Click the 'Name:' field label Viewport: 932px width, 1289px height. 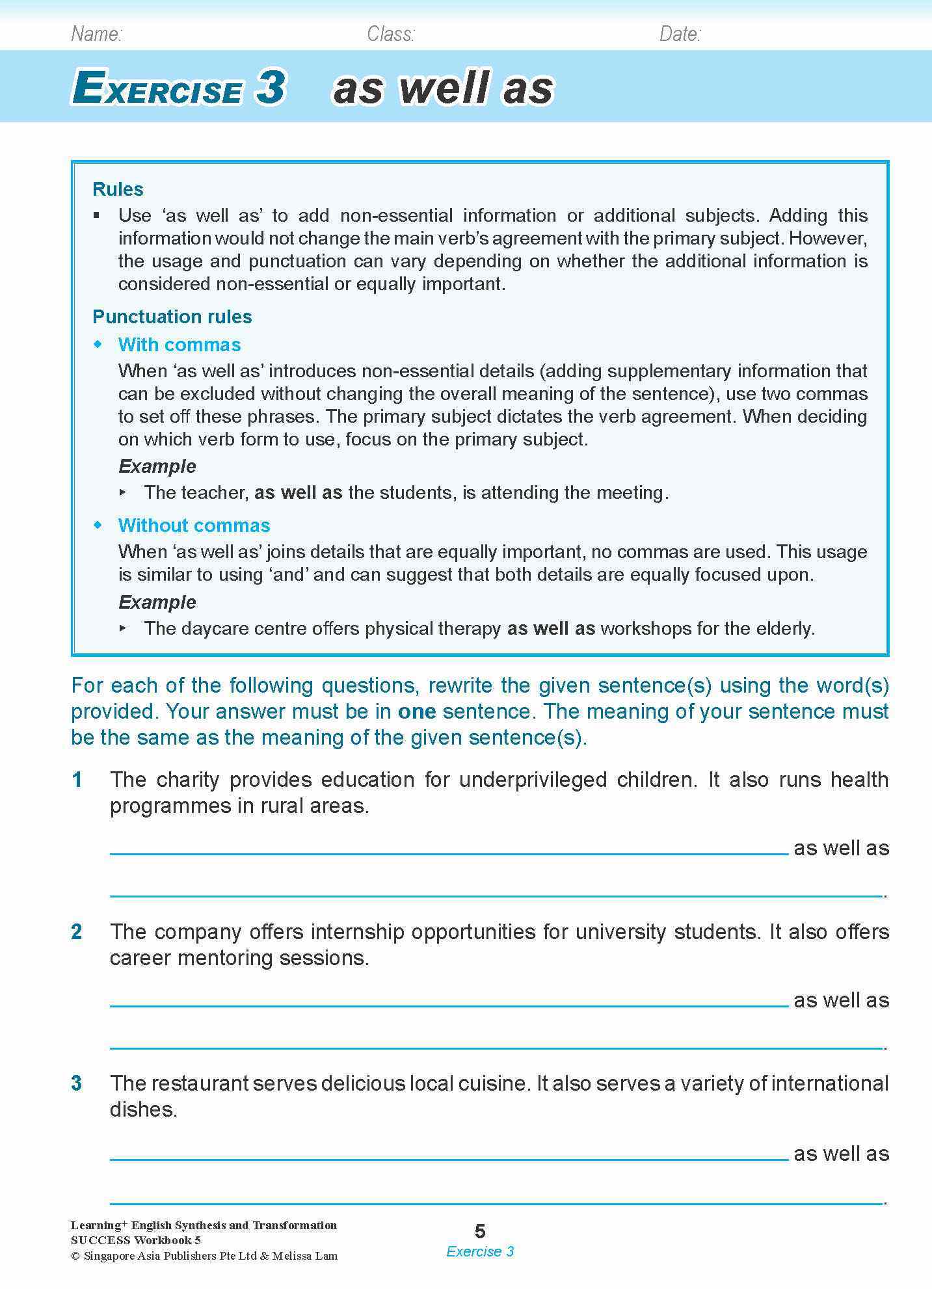pos(96,34)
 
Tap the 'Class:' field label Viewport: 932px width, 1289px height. pos(390,34)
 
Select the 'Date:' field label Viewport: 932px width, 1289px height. pos(680,34)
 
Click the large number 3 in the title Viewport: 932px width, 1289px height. pos(270,87)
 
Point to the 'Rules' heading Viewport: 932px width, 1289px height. pos(118,189)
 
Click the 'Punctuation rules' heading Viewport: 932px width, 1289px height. pos(172,317)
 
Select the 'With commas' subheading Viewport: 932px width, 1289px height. pos(179,345)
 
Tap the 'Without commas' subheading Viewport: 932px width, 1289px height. pos(194,525)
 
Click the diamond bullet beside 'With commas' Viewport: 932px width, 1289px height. pos(98,344)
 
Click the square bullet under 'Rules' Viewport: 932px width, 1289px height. pos(98,215)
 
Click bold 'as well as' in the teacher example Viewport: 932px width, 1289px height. pos(298,492)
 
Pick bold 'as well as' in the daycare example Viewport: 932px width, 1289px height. pos(551,628)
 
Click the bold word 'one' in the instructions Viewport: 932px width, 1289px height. pos(416,711)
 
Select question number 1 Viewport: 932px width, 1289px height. pos(77,779)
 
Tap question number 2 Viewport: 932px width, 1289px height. pos(77,931)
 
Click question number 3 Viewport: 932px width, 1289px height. pos(77,1083)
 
